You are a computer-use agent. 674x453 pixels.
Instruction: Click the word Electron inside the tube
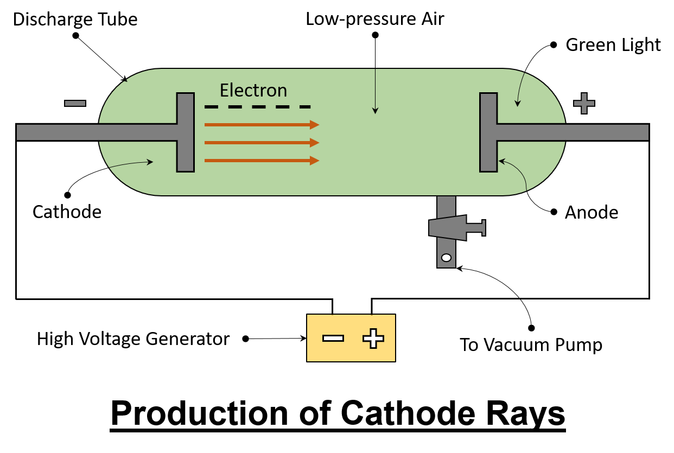[x=253, y=90]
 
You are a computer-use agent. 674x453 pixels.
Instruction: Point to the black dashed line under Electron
[x=257, y=107]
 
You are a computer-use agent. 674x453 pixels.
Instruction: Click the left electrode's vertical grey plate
[x=185, y=132]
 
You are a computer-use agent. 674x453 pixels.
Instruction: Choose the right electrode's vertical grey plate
[x=488, y=132]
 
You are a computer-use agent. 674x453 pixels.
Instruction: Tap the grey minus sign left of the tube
[x=75, y=103]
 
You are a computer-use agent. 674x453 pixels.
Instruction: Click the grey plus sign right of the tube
[x=584, y=103]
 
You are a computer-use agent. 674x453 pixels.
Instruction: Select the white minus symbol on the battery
[x=333, y=338]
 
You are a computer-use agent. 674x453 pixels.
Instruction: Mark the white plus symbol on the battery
[x=373, y=338]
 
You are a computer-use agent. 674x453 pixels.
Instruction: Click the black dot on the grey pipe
[x=446, y=258]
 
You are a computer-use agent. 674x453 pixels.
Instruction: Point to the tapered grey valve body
[x=448, y=228]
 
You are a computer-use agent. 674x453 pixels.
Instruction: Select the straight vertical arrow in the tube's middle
[x=375, y=92]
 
